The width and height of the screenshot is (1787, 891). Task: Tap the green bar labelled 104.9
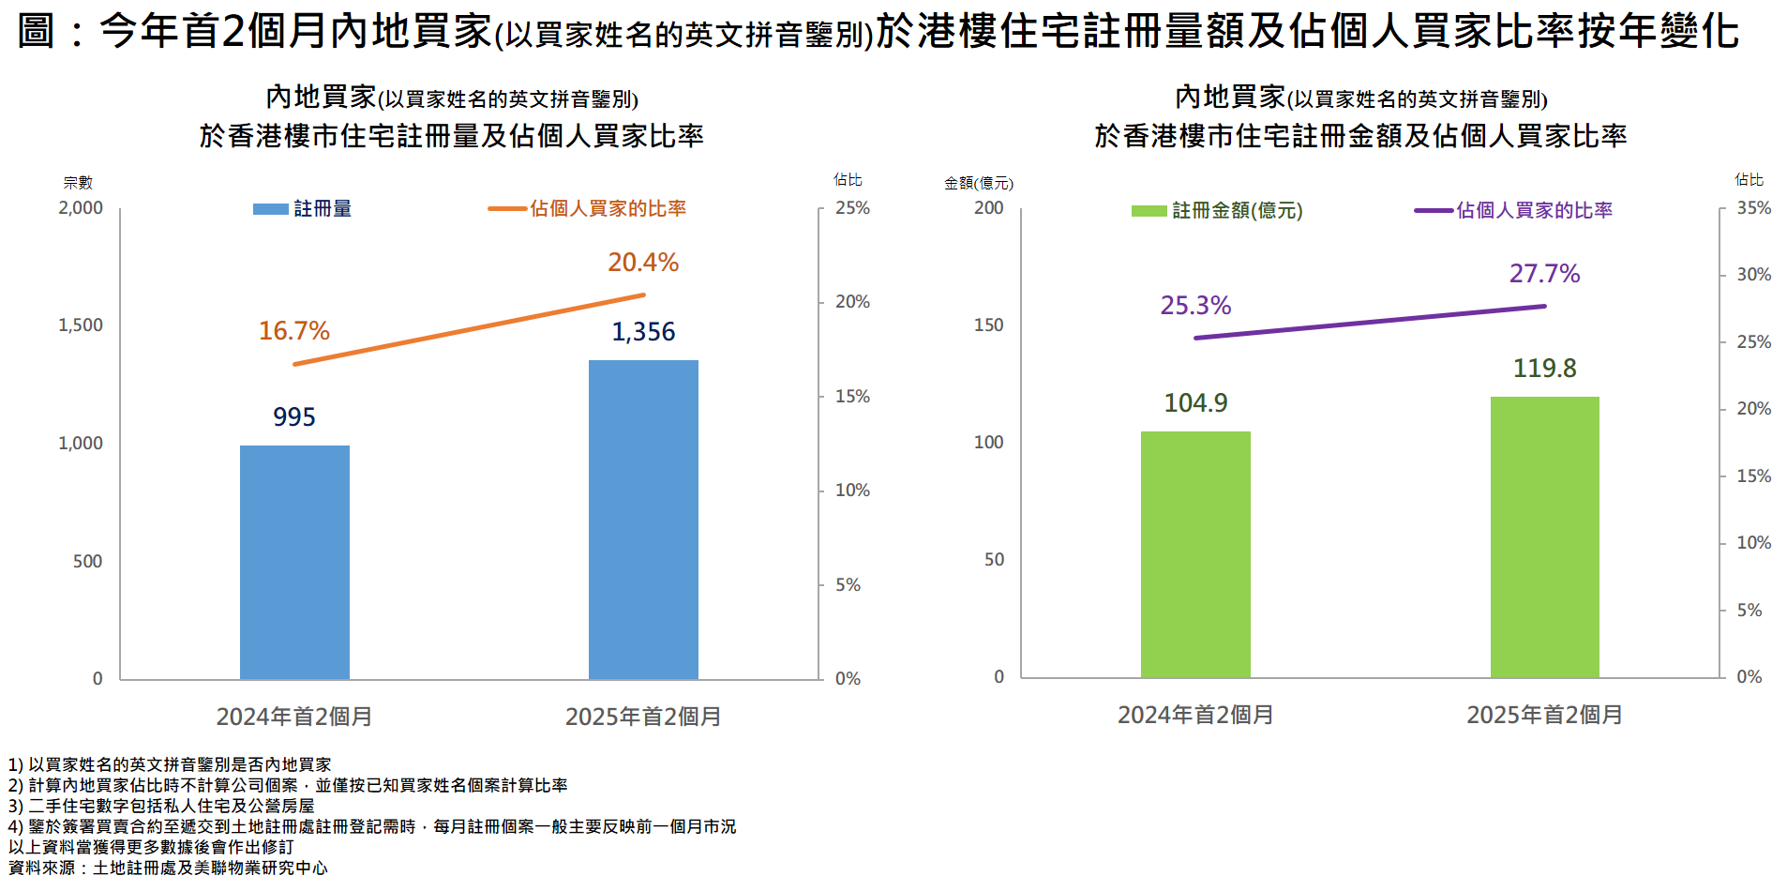click(1195, 553)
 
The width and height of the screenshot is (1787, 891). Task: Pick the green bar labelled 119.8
click(1544, 536)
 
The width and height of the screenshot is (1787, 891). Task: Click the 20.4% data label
click(642, 263)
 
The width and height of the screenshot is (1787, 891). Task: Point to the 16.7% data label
click(293, 331)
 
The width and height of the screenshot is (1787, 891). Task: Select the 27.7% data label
click(1544, 274)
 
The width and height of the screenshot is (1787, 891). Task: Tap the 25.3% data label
click(1195, 306)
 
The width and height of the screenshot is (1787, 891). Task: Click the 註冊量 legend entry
click(303, 209)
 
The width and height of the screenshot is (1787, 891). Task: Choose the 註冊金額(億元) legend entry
click(1217, 211)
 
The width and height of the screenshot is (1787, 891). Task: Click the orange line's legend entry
click(588, 209)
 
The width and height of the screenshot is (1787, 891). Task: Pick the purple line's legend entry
click(1513, 211)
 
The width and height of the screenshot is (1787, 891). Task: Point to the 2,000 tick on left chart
click(81, 208)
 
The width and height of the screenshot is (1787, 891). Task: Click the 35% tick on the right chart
click(1753, 208)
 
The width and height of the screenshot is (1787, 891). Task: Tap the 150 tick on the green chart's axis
click(988, 325)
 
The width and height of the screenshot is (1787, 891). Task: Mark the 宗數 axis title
click(78, 183)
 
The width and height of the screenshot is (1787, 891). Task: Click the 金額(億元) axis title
click(978, 184)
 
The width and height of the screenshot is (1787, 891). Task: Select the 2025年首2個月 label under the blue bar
click(643, 717)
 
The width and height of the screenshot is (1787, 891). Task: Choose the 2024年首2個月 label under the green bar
click(1195, 716)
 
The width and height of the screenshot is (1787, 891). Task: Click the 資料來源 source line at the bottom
click(169, 868)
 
